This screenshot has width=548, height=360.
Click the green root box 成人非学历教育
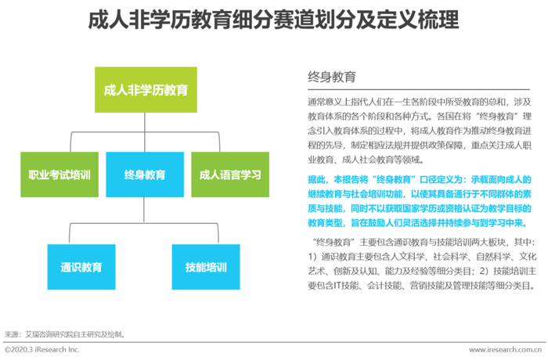146,90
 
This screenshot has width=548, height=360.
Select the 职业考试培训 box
59,175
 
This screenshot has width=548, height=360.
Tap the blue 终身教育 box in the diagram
145,175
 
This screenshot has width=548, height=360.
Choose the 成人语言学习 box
230,175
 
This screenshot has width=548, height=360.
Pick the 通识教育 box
81,267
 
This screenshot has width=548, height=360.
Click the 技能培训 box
206,267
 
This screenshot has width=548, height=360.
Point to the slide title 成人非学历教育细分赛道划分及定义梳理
273,20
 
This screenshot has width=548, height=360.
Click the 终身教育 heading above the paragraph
332,77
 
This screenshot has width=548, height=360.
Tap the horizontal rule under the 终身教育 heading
419,90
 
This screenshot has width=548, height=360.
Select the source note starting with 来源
65,334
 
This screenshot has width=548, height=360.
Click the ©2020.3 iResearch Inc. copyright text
42,350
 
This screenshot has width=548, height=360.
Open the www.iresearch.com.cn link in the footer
506,350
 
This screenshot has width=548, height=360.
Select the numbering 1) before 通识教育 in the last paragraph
312,257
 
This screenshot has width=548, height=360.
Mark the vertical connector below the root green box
145,132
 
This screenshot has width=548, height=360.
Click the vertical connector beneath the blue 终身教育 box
144,210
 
